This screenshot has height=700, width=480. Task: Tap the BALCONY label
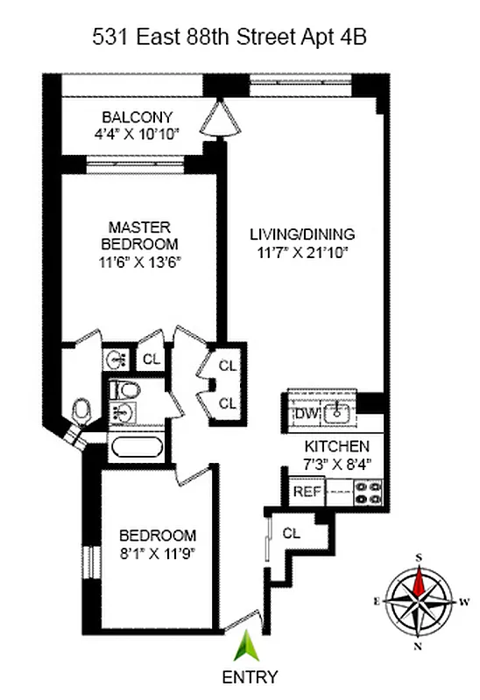pos(137,117)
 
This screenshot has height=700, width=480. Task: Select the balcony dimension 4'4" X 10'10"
pos(137,134)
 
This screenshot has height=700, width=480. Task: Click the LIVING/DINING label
pos(302,234)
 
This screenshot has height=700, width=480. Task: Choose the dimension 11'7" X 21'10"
pos(302,252)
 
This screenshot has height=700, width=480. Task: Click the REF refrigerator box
pos(307,492)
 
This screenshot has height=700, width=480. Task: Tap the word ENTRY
pos(250,676)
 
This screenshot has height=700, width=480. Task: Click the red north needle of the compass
pos(420,579)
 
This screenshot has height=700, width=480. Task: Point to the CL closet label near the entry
pos(292,532)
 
